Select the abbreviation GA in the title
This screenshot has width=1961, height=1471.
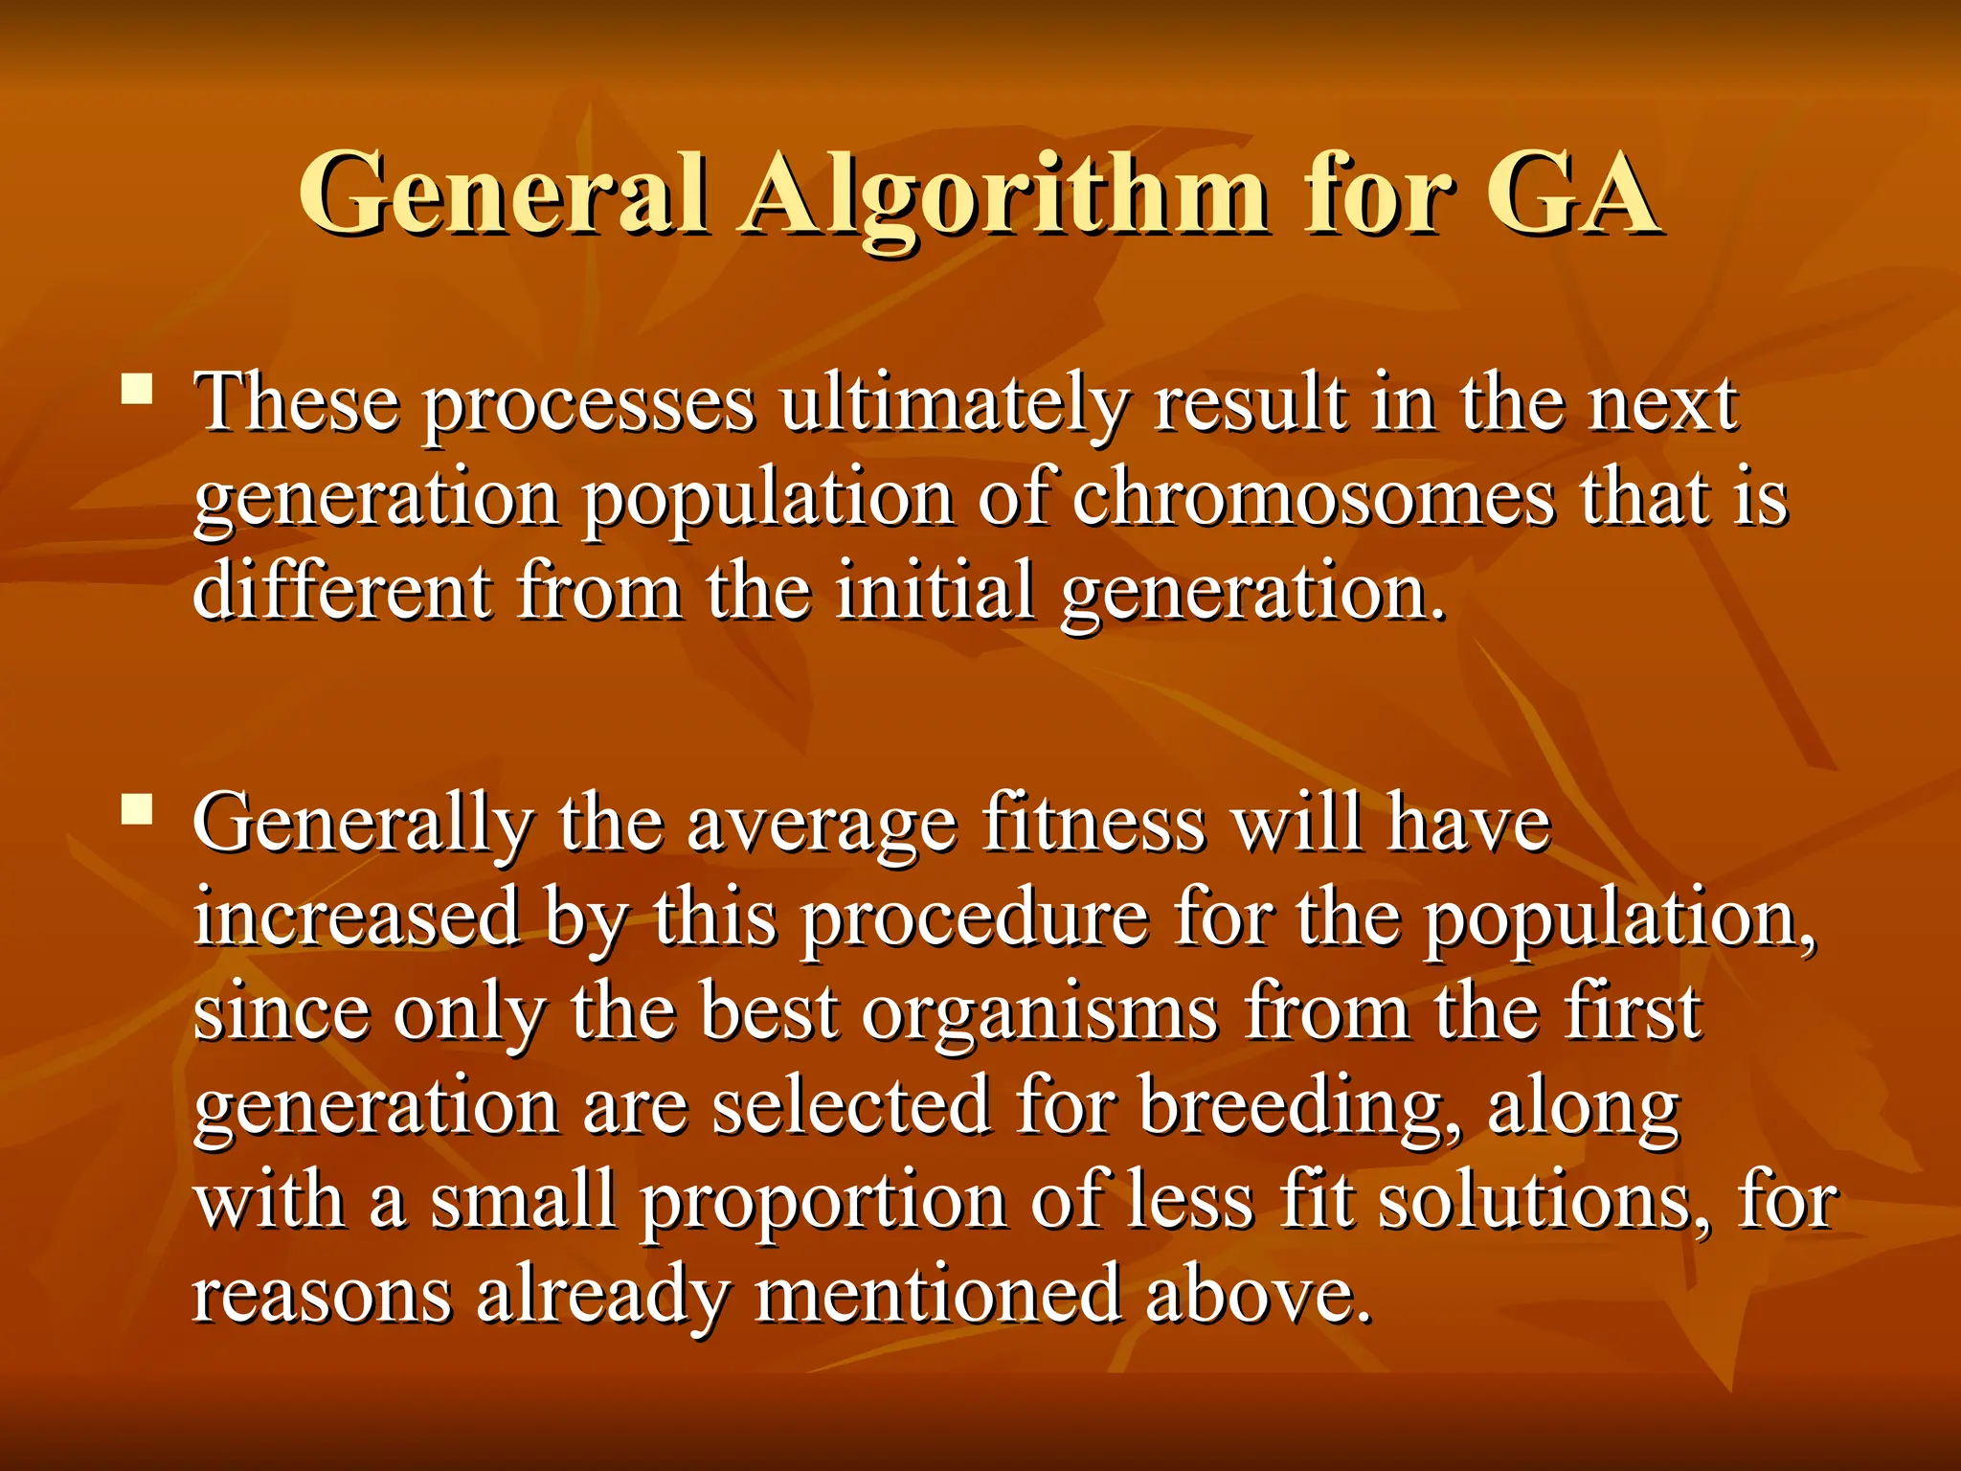[x=1570, y=193]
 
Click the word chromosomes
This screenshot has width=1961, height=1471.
[x=1313, y=498]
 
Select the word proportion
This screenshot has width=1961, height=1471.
[x=823, y=1203]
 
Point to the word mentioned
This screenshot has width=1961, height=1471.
[x=938, y=1295]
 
